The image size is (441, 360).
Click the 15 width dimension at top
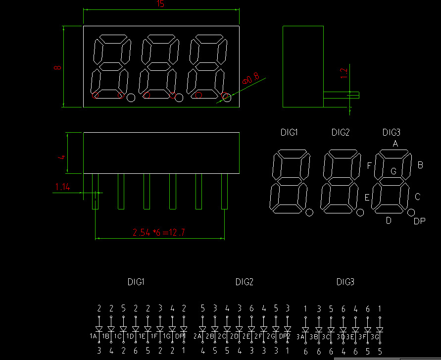pyautogui.click(x=160, y=4)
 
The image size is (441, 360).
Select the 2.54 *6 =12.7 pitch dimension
pyautogui.click(x=158, y=232)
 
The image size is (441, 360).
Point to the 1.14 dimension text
pyautogui.click(x=63, y=187)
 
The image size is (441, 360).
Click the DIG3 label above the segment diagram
pyautogui.click(x=391, y=132)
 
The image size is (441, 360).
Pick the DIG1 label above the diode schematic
pyautogui.click(x=136, y=282)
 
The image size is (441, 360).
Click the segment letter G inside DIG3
pyautogui.click(x=393, y=171)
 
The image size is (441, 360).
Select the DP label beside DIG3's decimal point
pyautogui.click(x=419, y=221)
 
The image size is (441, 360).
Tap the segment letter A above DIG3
pyautogui.click(x=395, y=144)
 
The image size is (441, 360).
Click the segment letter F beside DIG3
pyautogui.click(x=369, y=166)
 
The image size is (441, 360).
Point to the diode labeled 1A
pyautogui.click(x=99, y=329)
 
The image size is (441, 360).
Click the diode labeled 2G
pyautogui.click(x=276, y=329)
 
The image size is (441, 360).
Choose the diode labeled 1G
pyautogui.click(x=172, y=329)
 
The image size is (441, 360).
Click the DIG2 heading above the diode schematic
pyautogui.click(x=245, y=282)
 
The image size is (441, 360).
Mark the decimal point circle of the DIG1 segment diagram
pyautogui.click(x=309, y=213)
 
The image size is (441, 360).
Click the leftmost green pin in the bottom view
pyautogui.click(x=95, y=191)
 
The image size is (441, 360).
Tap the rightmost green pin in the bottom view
pyautogui.click(x=224, y=191)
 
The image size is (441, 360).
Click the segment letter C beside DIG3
pyautogui.click(x=417, y=197)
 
